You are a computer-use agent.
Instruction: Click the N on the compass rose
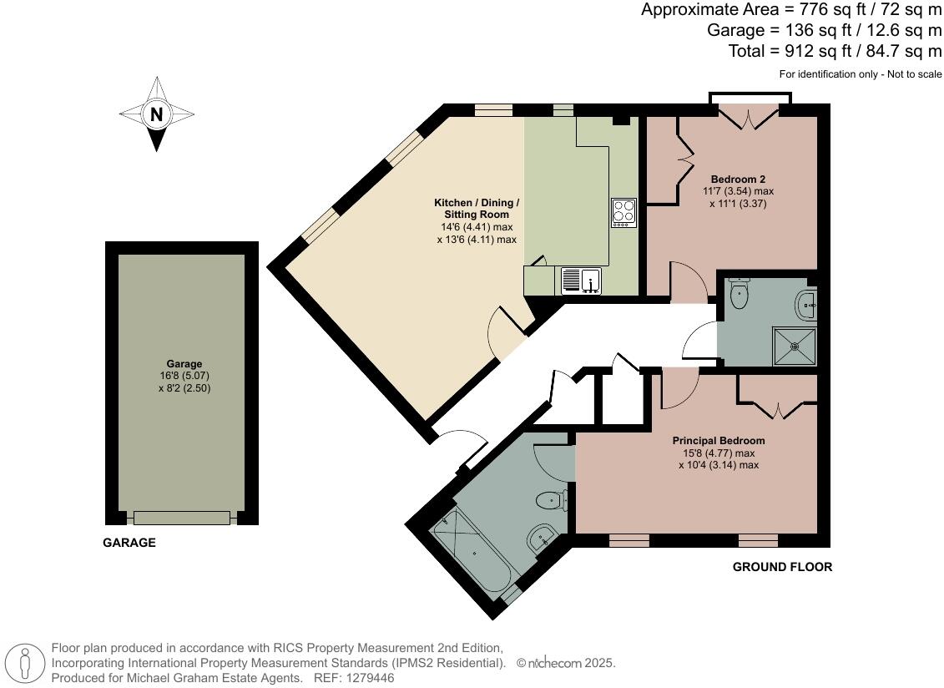tap(157, 114)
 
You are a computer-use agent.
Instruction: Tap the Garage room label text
tap(184, 364)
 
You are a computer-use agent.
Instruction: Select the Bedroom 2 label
tap(738, 179)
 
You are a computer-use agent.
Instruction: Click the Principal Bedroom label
tap(719, 440)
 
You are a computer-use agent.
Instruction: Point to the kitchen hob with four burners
tap(623, 213)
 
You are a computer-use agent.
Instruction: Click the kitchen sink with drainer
tap(581, 281)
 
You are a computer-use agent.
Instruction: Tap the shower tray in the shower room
tap(795, 346)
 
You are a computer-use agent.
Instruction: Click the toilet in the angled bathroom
tap(552, 500)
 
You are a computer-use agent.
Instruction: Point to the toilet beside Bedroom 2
tap(738, 293)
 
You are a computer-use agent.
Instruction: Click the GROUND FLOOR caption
tap(782, 567)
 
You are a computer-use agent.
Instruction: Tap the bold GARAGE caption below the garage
tap(129, 543)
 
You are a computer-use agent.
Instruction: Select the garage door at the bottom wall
tap(182, 519)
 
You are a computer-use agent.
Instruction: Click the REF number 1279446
tap(354, 678)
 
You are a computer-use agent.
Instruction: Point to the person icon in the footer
tap(25, 663)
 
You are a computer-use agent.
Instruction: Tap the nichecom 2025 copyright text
tap(566, 663)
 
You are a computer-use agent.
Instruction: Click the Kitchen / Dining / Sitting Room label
tap(477, 209)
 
